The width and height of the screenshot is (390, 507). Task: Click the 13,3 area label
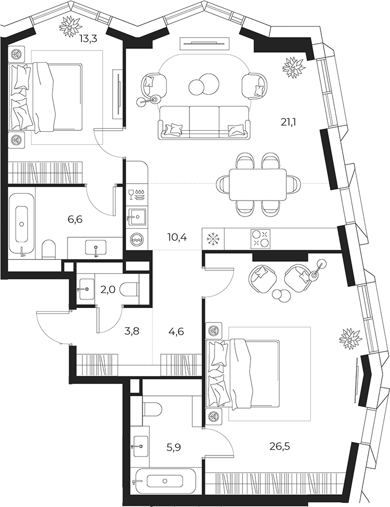click(x=88, y=39)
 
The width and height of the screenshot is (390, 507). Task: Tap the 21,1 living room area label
click(x=288, y=122)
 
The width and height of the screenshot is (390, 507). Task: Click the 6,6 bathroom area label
click(x=75, y=220)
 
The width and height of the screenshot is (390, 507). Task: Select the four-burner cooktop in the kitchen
click(x=261, y=239)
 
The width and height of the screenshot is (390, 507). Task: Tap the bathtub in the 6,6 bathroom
click(x=21, y=225)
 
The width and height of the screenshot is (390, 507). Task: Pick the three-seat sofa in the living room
click(x=204, y=122)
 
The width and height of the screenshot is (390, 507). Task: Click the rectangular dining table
click(x=258, y=185)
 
